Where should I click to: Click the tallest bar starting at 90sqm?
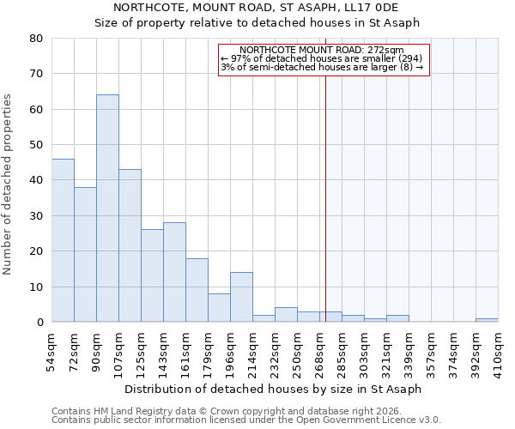(107, 208)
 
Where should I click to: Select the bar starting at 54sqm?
(63, 240)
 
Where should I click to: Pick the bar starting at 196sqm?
(241, 297)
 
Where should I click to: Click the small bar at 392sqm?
(487, 320)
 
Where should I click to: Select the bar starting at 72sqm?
(85, 254)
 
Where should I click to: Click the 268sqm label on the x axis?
(319, 352)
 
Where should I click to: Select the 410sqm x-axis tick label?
(498, 352)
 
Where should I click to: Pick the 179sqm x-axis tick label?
(208, 352)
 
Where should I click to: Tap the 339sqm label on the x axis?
(409, 352)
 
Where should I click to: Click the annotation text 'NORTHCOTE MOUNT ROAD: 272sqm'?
(322, 51)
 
